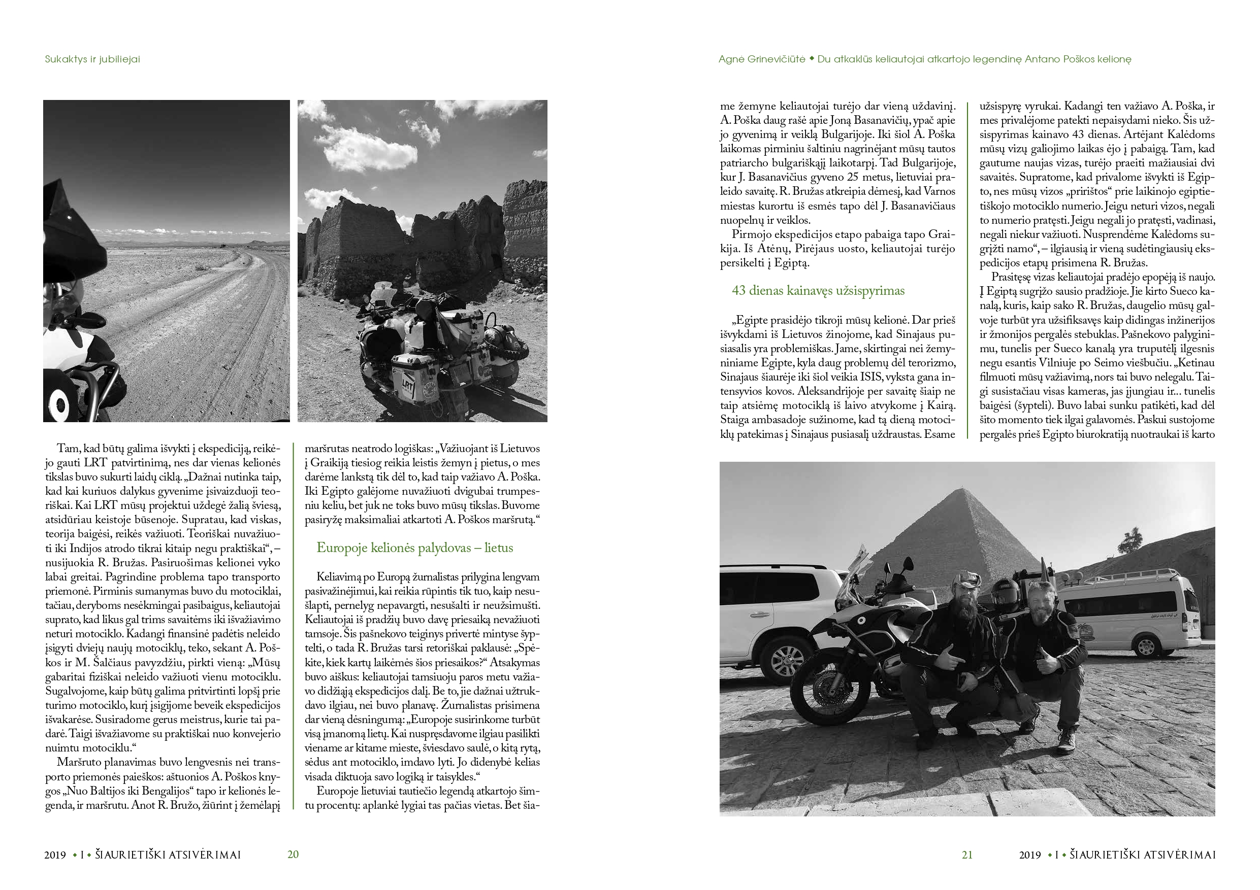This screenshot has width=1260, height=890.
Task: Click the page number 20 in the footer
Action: tap(293, 854)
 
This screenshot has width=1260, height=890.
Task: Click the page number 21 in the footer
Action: tap(967, 854)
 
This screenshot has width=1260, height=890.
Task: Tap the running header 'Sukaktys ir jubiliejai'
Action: tap(92, 59)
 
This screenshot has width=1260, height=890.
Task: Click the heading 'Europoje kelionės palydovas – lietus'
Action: tap(415, 548)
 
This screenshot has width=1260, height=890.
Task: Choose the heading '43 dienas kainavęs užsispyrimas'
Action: tap(818, 291)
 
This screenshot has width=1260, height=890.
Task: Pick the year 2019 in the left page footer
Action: tap(55, 855)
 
